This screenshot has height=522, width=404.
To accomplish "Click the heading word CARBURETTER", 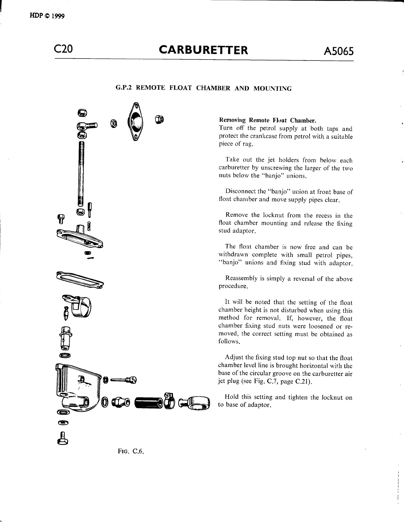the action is pyautogui.click(x=203, y=50).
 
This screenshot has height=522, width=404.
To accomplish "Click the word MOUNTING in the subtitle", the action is pyautogui.click(x=272, y=89).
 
